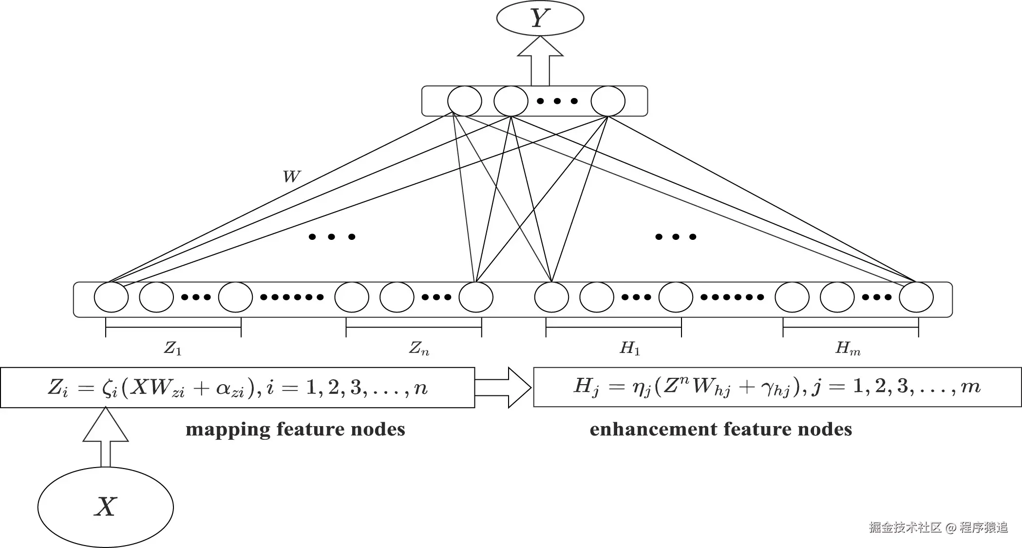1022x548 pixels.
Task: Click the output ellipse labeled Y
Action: [540, 19]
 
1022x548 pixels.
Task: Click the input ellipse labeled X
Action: [106, 507]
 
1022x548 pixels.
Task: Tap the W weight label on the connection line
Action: [291, 176]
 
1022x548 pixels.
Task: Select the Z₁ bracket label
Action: [173, 348]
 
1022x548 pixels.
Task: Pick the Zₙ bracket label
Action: [419, 348]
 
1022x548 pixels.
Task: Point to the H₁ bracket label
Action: [630, 348]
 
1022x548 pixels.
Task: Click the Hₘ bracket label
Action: [848, 348]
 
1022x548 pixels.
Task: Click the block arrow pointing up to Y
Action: [540, 61]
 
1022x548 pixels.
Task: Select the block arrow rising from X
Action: [106, 436]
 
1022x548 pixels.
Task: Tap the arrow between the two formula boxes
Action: [504, 388]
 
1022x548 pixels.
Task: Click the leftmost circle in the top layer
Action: [465, 101]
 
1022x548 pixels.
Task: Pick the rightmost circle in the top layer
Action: [608, 101]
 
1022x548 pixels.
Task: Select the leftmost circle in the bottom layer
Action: [111, 297]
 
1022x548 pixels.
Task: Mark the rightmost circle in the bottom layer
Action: [916, 297]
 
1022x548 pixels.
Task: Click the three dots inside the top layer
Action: [557, 101]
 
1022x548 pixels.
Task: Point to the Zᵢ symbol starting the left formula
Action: [58, 388]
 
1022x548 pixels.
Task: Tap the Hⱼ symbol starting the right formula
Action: [586, 387]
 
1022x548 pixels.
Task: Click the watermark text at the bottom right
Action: [938, 528]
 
